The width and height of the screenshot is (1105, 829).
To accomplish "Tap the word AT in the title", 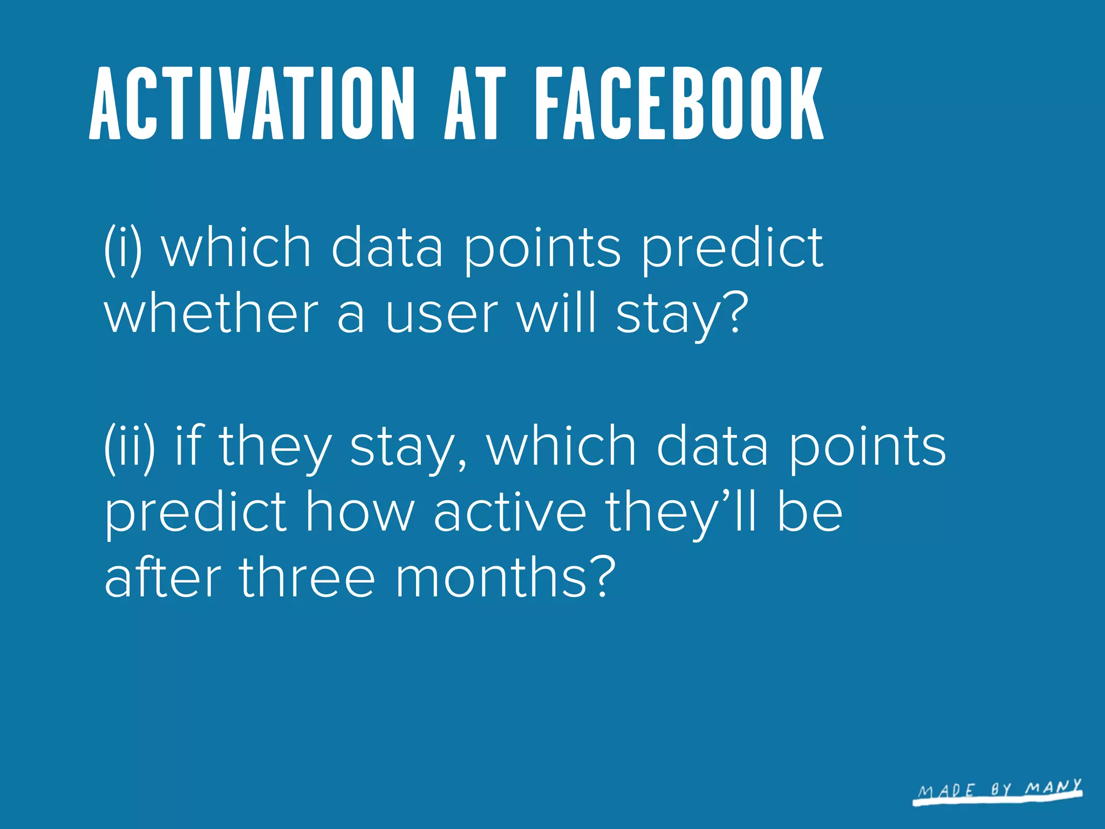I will pyautogui.click(x=475, y=104).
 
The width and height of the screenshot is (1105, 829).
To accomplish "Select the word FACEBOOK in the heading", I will pyautogui.click(x=679, y=104).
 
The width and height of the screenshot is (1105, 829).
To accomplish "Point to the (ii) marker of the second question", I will pyautogui.click(x=129, y=447).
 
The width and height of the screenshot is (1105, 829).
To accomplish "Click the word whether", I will pyautogui.click(x=211, y=314).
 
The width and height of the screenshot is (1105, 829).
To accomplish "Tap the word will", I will pyautogui.click(x=557, y=312).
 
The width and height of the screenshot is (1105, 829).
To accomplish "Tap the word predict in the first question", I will pyautogui.click(x=732, y=249).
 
